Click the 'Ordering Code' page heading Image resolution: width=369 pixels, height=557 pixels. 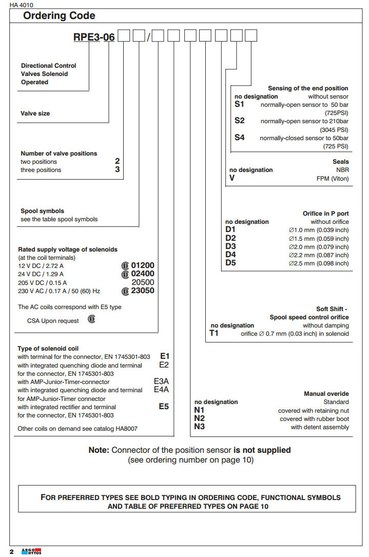(x=59, y=16)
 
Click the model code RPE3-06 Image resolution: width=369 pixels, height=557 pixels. (x=94, y=37)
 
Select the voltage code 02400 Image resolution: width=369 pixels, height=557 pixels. (x=142, y=274)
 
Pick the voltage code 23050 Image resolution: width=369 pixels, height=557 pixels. (x=142, y=291)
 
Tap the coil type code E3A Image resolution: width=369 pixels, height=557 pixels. (x=161, y=381)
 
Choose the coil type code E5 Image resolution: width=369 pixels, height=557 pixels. (x=164, y=406)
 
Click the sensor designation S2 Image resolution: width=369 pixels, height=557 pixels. (x=240, y=121)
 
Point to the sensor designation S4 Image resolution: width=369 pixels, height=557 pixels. (x=240, y=138)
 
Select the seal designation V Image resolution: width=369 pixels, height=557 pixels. (x=232, y=178)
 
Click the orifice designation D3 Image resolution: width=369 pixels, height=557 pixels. (x=230, y=246)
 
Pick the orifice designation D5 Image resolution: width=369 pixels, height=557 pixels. (x=230, y=263)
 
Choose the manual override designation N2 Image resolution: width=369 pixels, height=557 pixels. (x=199, y=418)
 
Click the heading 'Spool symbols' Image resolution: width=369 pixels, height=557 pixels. (x=42, y=211)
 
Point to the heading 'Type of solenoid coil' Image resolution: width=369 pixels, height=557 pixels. (x=48, y=349)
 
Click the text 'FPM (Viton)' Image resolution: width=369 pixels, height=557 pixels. (x=333, y=178)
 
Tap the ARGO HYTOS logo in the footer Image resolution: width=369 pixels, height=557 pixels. (x=31, y=551)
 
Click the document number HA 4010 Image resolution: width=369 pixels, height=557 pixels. (x=21, y=5)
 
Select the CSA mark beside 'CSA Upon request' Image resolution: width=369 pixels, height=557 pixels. (x=91, y=319)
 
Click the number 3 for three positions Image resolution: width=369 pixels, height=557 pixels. (x=118, y=169)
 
